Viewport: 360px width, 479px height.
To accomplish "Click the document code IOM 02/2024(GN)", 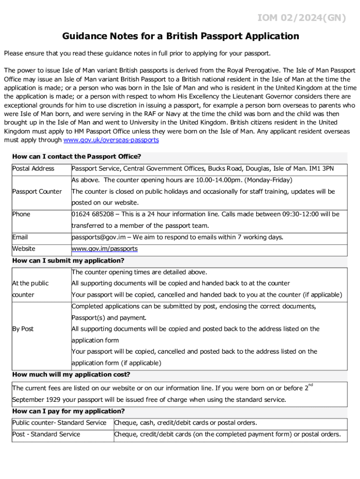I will click(302, 18).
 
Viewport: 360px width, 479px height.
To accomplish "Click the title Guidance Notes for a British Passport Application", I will click(180, 36).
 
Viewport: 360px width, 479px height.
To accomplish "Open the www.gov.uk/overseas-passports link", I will click(111, 140).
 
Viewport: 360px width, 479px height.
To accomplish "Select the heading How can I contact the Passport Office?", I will click(77, 157).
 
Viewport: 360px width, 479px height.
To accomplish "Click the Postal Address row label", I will click(33, 168).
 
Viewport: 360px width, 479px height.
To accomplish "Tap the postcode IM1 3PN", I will click(322, 168).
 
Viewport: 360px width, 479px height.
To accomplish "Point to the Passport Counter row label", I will click(37, 191).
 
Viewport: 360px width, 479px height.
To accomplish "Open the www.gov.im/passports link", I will click(104, 249).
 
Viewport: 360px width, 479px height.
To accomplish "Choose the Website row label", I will click(24, 249).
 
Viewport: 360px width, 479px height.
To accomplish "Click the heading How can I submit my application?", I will click(68, 261).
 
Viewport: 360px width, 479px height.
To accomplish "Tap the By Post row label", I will click(23, 329).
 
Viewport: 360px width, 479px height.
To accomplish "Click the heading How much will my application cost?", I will click(71, 375).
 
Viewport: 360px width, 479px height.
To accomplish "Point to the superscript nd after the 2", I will click(311, 385).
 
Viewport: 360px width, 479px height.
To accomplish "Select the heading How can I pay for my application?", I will click(68, 411).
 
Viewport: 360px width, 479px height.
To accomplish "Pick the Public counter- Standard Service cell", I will click(59, 423).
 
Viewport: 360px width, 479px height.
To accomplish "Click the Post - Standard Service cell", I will click(46, 434).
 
